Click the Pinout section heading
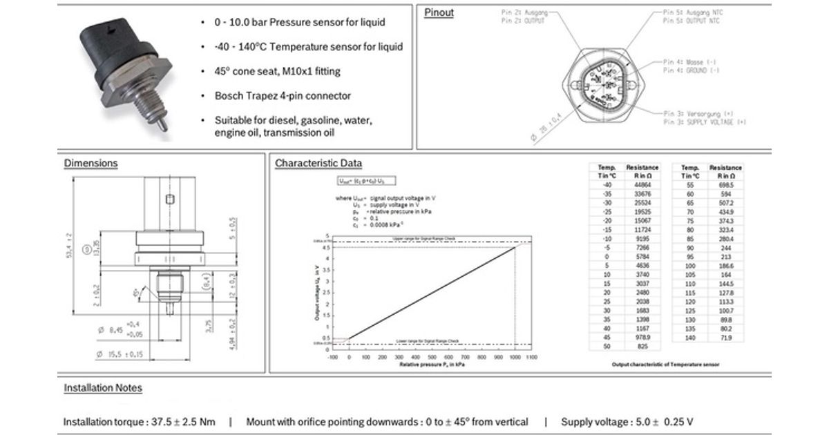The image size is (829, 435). point(439,12)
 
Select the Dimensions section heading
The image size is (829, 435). point(90,164)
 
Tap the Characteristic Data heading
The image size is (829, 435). point(318,164)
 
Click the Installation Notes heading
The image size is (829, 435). point(103,388)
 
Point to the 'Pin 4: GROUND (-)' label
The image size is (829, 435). point(692,70)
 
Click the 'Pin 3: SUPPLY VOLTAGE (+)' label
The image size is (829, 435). point(705,122)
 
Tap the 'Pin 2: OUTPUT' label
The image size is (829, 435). point(523,21)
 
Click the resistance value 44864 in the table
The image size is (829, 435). point(642,185)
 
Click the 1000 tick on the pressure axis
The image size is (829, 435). point(514,358)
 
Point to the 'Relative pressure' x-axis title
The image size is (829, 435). point(432,364)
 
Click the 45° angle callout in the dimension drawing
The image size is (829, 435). point(137,292)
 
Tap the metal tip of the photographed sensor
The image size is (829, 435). point(161,128)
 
